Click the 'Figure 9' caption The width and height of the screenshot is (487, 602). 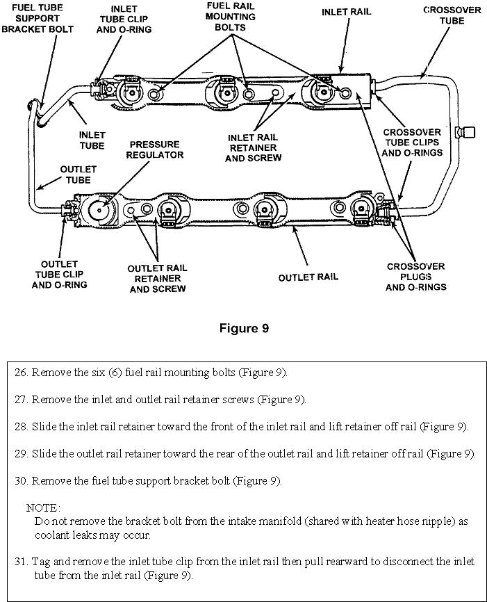click(243, 328)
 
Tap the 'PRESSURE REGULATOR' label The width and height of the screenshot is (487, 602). click(154, 149)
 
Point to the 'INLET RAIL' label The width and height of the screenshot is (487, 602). click(347, 12)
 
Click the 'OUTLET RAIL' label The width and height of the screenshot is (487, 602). click(308, 277)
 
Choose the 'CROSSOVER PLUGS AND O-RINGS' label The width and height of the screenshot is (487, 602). click(416, 276)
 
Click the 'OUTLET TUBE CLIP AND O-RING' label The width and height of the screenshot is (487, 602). click(64, 275)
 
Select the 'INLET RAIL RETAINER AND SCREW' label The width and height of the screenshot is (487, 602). click(254, 147)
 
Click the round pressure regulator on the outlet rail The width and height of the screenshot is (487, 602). click(99, 209)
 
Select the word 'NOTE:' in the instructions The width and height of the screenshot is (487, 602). click(43, 508)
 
